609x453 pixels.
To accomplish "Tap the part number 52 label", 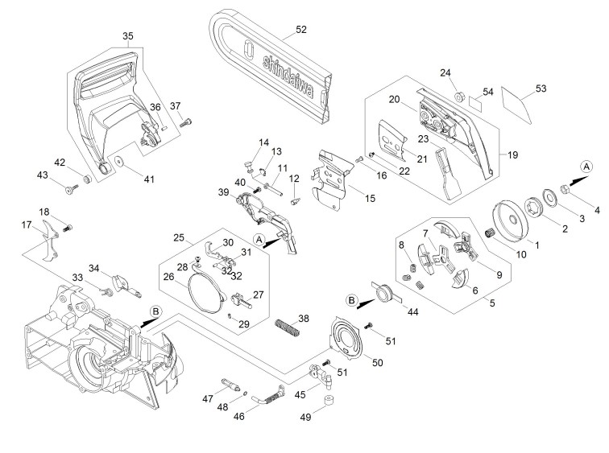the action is tap(301, 30).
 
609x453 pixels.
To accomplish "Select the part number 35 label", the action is tap(128, 36).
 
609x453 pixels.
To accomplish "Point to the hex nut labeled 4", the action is tap(565, 190).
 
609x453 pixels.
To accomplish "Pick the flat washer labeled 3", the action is tap(549, 196).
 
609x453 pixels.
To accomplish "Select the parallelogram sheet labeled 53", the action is tap(516, 104).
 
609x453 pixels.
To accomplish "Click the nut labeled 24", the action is tap(460, 97).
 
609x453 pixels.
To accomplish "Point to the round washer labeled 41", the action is tap(118, 161).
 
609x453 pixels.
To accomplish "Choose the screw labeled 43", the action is tap(72, 189).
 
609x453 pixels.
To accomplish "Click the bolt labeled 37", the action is tap(186, 123).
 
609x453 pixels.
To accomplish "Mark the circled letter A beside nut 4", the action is tap(586, 167).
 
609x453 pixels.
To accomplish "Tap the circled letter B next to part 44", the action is tap(351, 300).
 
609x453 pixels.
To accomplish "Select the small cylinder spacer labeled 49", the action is tap(329, 400).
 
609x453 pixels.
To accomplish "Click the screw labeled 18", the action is tap(68, 228).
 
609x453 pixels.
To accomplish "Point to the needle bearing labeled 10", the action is tap(491, 235).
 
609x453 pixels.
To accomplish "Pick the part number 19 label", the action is tap(512, 155).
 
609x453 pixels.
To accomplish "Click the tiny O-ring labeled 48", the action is tap(245, 393).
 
